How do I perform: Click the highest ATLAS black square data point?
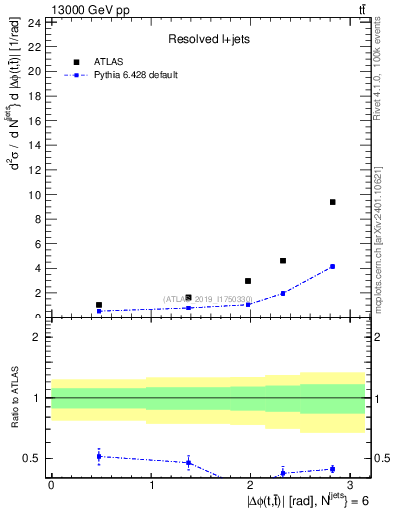[332, 202]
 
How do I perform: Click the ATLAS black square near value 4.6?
[283, 261]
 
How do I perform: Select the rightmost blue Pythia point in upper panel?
[332, 267]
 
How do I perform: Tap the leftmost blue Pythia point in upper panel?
[99, 311]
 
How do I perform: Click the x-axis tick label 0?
[51, 485]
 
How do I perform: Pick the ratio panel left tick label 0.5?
[31, 459]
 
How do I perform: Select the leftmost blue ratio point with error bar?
[99, 456]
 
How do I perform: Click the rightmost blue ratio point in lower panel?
[332, 469]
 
